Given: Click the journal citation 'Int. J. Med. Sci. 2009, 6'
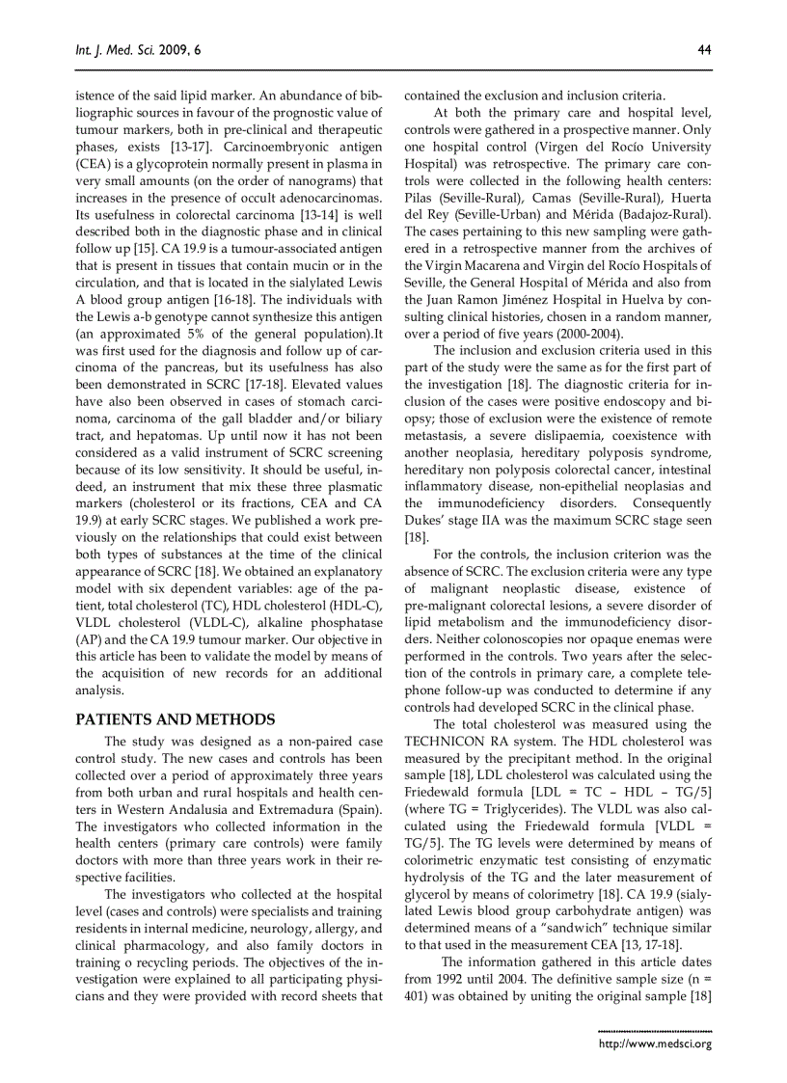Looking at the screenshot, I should tap(138, 50).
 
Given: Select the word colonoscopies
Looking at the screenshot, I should tap(527, 638).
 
